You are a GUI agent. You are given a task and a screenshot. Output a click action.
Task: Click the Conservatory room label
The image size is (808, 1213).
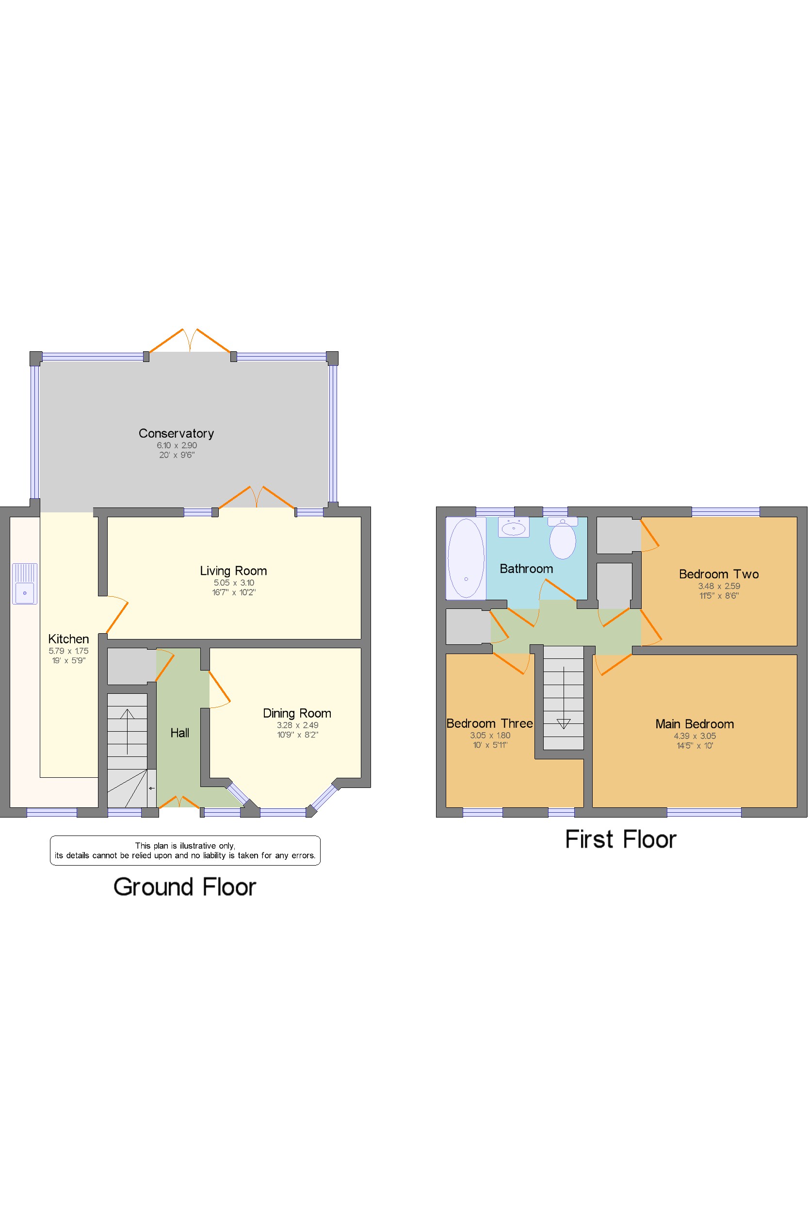click(x=176, y=434)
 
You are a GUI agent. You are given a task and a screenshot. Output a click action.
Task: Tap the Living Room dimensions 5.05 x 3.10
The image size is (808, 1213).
click(x=234, y=583)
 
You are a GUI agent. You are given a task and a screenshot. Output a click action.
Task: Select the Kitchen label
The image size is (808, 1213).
click(x=68, y=639)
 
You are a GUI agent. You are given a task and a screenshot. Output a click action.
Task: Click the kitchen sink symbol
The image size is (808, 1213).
click(x=25, y=584)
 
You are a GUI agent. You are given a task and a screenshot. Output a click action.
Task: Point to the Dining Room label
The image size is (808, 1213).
click(x=297, y=713)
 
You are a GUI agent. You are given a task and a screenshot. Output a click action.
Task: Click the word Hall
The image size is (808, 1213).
click(x=180, y=733)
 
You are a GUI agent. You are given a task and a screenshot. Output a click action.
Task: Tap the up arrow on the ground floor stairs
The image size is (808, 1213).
click(x=127, y=732)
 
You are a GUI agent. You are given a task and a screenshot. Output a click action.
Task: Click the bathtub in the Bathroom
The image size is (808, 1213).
click(x=466, y=558)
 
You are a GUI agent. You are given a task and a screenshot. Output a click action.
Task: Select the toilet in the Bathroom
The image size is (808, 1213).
click(x=563, y=538)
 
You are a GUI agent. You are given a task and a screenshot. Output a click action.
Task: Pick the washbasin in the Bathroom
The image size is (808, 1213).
click(x=514, y=527)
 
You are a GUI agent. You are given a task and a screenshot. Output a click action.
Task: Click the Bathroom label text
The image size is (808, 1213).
click(x=526, y=569)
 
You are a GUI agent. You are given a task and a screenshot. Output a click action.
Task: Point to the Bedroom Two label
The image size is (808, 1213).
click(x=719, y=574)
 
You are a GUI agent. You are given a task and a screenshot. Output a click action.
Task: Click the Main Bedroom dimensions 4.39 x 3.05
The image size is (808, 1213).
click(x=695, y=736)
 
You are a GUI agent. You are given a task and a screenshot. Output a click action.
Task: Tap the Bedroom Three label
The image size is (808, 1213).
click(x=489, y=723)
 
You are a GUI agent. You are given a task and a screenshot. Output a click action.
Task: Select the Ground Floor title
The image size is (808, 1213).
click(x=184, y=886)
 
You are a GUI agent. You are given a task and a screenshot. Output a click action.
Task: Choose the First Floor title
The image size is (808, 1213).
click(x=620, y=839)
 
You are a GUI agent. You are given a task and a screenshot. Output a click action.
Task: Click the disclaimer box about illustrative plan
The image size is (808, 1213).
click(x=185, y=850)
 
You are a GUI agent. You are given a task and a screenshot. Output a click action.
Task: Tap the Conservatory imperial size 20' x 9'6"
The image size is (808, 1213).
click(x=177, y=455)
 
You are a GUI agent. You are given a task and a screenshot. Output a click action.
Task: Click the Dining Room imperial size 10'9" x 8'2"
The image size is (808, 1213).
click(x=297, y=735)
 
